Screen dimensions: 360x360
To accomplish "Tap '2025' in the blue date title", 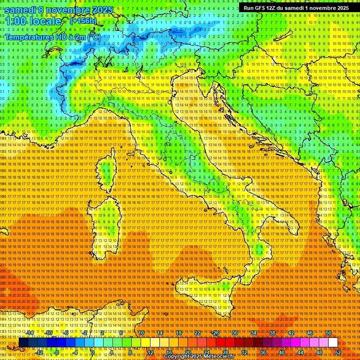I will click(102, 9).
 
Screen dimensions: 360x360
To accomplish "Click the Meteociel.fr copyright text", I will click(202, 357).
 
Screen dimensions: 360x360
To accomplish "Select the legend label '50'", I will click(329, 333).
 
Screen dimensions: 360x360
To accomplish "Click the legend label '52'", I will click(338, 352).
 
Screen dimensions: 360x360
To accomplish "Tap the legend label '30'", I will click(235, 333).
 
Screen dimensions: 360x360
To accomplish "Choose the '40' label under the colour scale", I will click(282, 352).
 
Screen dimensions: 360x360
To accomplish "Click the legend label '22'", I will click(197, 333).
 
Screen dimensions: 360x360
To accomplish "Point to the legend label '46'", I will click(310, 333).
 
